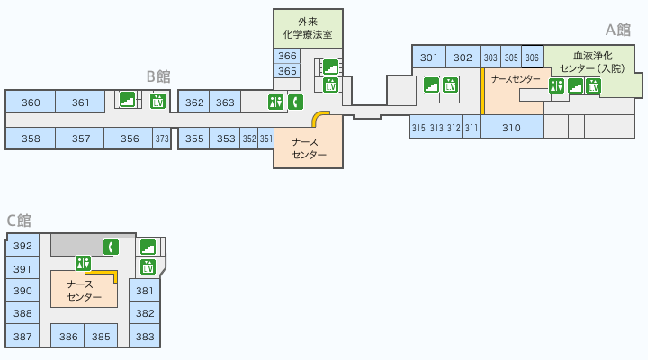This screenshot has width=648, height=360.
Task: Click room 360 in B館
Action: [31, 103]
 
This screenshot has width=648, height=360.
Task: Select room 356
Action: [130, 139]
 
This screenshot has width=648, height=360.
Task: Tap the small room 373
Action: [162, 139]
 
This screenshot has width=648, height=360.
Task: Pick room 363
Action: [225, 103]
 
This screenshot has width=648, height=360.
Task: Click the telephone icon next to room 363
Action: [294, 102]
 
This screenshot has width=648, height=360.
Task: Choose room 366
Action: [287, 56]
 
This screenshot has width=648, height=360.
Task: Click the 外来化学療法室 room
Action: [308, 29]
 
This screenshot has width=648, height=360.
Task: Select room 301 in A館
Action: [429, 58]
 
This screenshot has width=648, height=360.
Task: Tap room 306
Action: [532, 58]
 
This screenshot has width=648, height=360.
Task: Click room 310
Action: [511, 128]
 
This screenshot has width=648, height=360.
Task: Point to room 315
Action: [418, 128]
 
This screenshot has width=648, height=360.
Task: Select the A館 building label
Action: [617, 30]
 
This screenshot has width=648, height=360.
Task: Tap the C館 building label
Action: [19, 220]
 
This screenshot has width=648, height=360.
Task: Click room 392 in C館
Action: [22, 247]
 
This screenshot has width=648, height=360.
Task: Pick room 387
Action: [22, 337]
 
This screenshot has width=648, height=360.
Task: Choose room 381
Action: [145, 291]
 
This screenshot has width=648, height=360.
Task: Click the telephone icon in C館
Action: [111, 247]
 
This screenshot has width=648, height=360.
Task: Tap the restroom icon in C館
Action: [84, 263]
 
